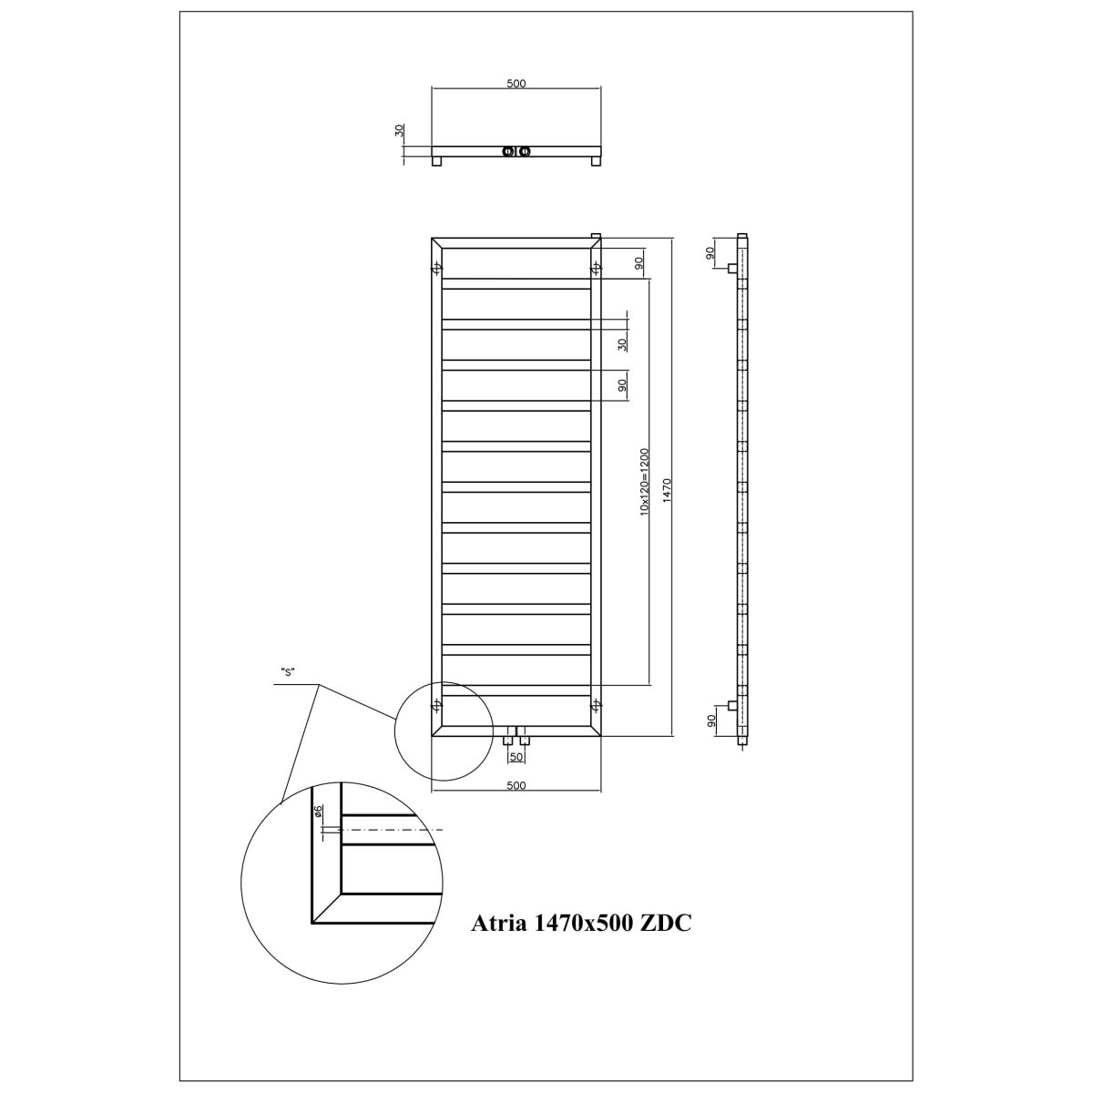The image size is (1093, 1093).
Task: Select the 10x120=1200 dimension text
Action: [644, 482]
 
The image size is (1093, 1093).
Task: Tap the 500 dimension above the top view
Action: [516, 84]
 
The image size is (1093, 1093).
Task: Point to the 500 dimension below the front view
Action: [516, 785]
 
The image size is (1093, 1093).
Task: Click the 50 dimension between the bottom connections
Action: [516, 757]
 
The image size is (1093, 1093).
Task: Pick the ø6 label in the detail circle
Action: [318, 812]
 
